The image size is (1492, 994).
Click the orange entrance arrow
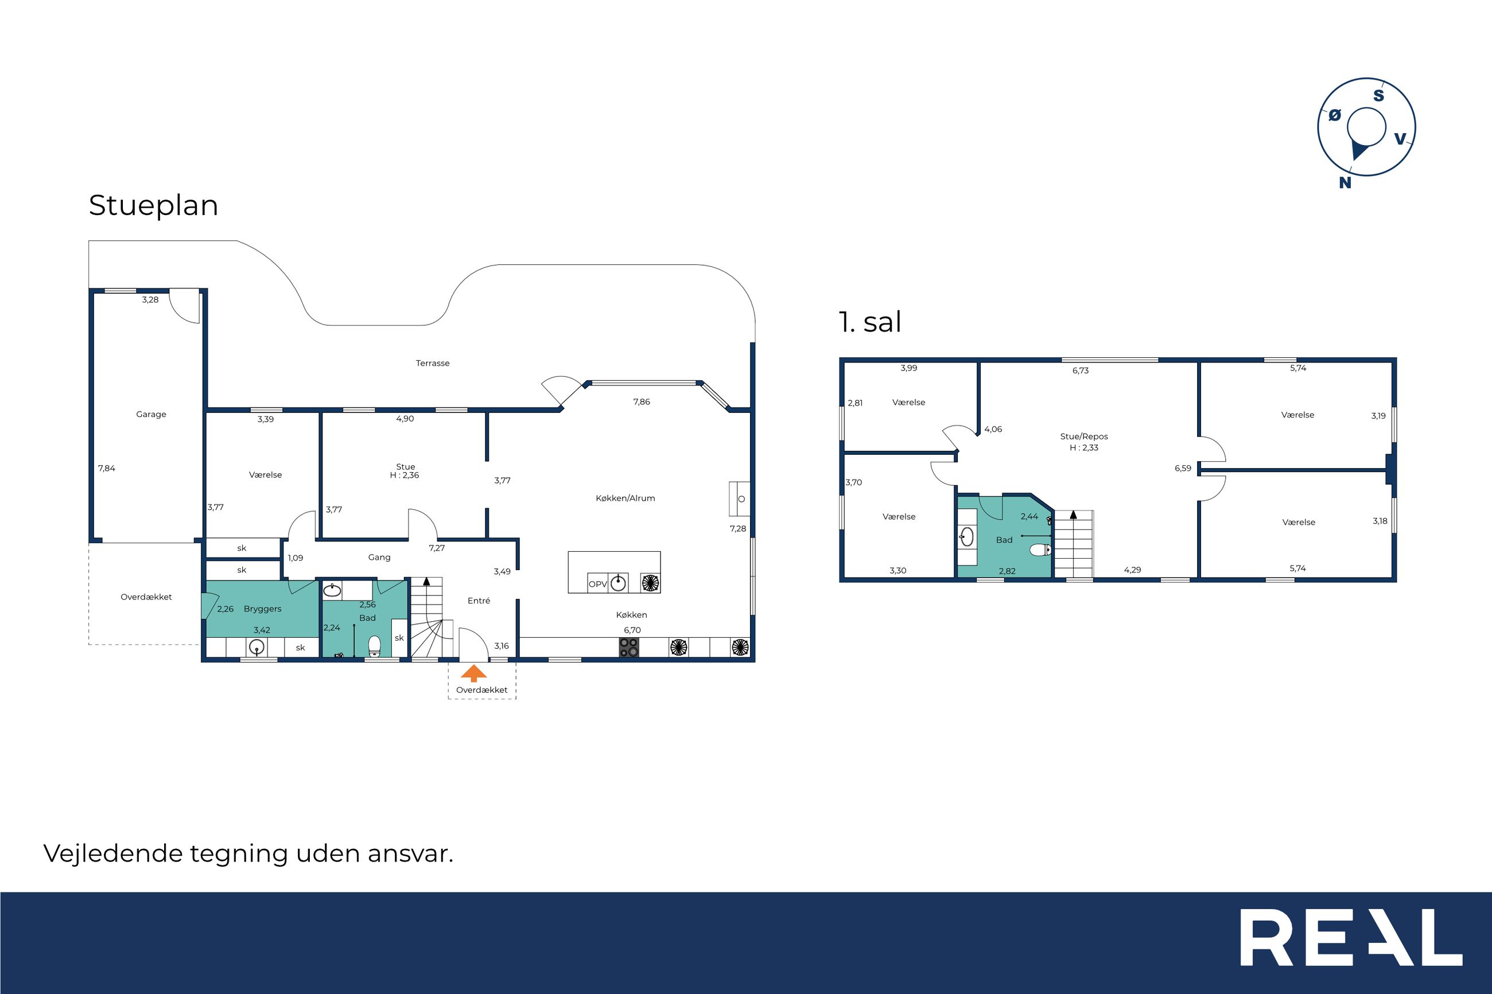click(x=473, y=673)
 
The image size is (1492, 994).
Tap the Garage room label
click(x=151, y=415)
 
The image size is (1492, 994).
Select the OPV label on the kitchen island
click(x=598, y=584)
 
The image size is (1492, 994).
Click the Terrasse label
click(x=433, y=363)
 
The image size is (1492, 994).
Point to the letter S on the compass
click(x=1378, y=96)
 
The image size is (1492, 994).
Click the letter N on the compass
click(x=1345, y=182)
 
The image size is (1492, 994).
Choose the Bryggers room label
click(x=262, y=609)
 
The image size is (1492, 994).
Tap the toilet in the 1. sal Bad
click(x=1040, y=549)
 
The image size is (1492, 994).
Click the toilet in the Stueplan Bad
click(x=374, y=645)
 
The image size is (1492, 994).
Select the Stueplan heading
click(x=153, y=206)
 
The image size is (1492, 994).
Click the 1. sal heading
click(x=870, y=322)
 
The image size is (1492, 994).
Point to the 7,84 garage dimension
click(x=107, y=469)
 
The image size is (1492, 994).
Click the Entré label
click(x=479, y=601)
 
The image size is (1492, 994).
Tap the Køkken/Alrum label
click(x=625, y=498)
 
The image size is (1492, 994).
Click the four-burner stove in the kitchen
click(x=629, y=647)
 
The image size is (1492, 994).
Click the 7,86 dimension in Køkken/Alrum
click(x=642, y=402)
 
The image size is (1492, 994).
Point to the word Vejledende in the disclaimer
click(x=112, y=854)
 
